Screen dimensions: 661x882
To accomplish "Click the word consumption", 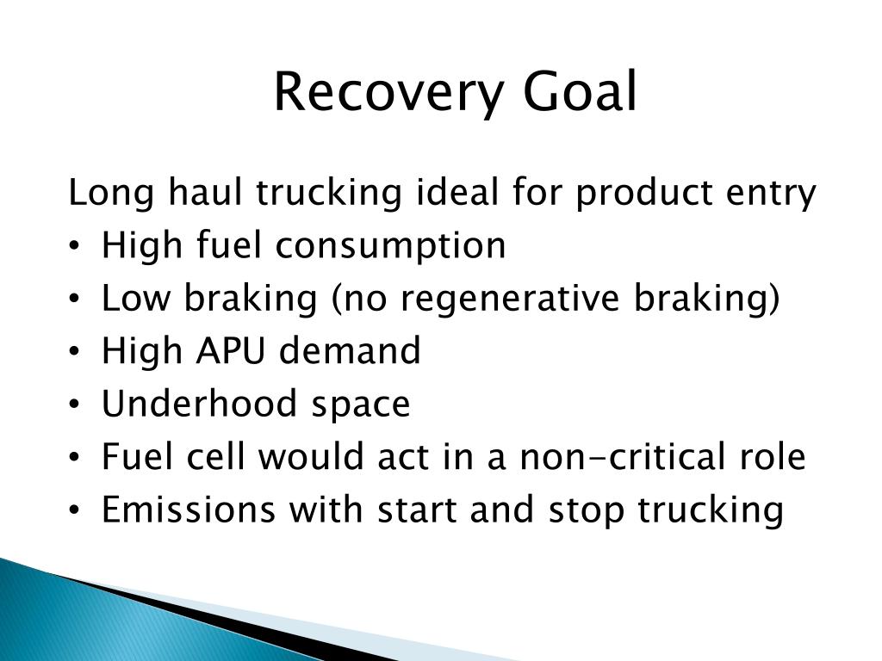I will pyautogui.click(x=391, y=246).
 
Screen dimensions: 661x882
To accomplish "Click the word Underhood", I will pyautogui.click(x=194, y=404).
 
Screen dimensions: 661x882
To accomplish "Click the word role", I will pyautogui.click(x=769, y=457).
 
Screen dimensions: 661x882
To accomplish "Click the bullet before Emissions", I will pyautogui.click(x=76, y=510).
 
